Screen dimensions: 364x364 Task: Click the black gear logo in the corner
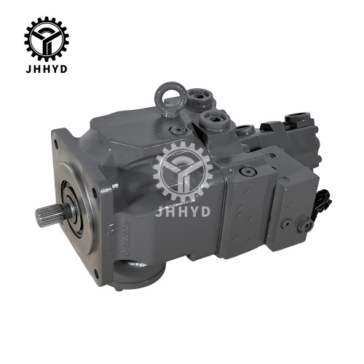coord(47,39)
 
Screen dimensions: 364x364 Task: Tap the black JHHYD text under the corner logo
coord(47,69)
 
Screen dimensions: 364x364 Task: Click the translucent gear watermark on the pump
coord(183,171)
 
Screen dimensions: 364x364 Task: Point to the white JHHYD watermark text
coord(183,211)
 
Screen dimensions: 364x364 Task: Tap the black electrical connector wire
coord(322,204)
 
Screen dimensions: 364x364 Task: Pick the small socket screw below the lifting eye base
coord(178,130)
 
